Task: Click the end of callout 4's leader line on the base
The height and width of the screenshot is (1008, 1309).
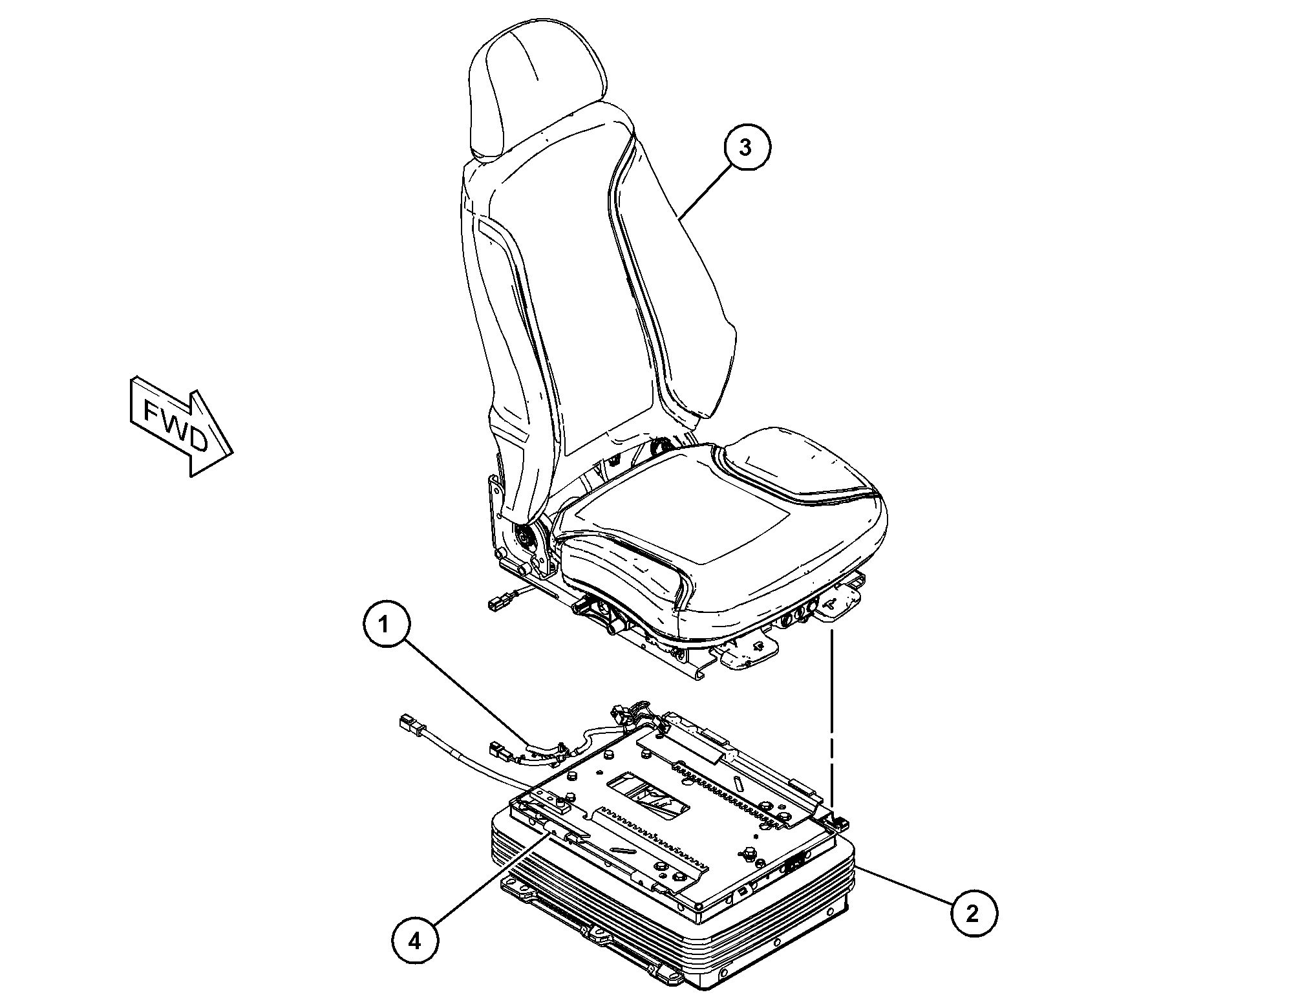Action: (550, 832)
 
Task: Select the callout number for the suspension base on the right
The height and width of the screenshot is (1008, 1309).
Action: (973, 913)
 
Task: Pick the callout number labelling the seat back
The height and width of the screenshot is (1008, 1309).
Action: (746, 147)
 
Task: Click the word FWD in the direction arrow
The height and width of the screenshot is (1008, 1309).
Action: (175, 426)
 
